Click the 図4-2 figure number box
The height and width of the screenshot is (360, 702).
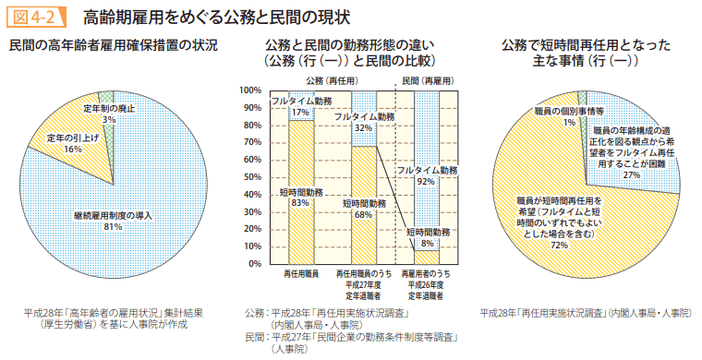tap(35, 17)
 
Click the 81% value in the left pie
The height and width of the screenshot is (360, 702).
tap(115, 225)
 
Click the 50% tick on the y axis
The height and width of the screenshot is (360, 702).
tap(252, 177)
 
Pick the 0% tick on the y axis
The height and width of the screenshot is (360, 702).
tap(255, 264)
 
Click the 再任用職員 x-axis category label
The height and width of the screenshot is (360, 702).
tap(301, 275)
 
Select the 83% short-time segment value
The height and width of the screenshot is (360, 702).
tap(300, 203)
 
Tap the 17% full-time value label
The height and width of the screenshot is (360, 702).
tap(300, 112)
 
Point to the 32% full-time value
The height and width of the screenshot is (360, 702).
tap(363, 128)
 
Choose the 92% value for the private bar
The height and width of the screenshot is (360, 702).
tap(426, 182)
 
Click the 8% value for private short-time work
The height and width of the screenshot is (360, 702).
tap(426, 245)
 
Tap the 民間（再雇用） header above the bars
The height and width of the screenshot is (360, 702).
tap(427, 81)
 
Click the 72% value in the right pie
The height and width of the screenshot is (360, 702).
tap(559, 246)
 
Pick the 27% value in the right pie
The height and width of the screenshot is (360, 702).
tap(632, 174)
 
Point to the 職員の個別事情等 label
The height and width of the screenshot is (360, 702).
tap(570, 111)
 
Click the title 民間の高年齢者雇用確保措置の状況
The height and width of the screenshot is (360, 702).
tap(113, 45)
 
